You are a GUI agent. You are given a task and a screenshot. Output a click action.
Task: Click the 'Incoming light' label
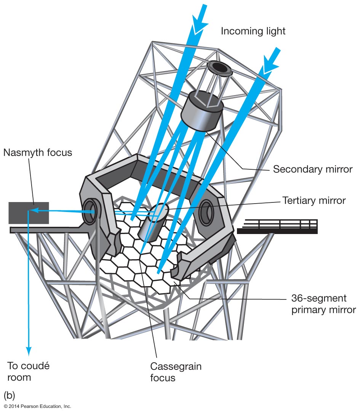253,31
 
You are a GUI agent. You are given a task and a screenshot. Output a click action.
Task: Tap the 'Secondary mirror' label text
312,169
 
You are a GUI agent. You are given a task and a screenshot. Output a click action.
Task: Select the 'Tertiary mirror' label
314,201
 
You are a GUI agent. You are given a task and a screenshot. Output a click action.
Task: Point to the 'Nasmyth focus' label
37,153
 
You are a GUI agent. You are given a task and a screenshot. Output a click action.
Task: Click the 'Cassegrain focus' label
176,372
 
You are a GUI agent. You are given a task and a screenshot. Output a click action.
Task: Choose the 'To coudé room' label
29,372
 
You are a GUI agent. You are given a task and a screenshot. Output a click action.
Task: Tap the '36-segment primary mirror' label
323,304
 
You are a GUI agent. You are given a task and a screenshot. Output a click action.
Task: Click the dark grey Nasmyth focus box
29,213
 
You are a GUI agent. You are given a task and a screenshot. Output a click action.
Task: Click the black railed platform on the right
277,227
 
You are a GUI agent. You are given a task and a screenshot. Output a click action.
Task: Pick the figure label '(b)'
10,394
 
